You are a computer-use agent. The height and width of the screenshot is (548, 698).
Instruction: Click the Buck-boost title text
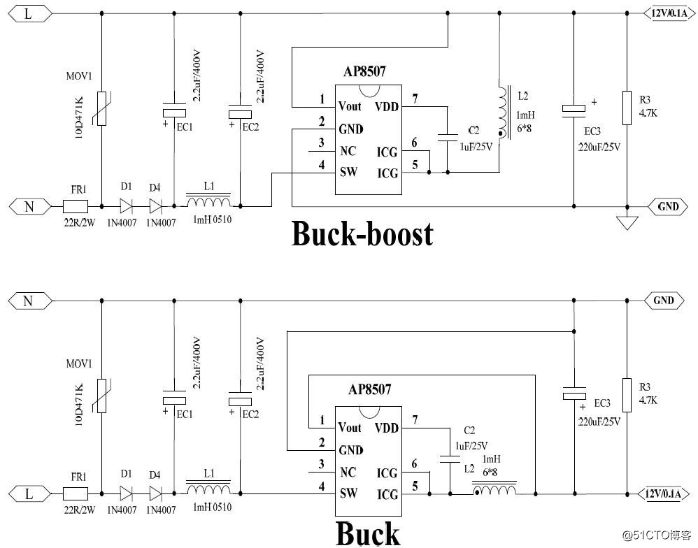pyautogui.click(x=362, y=234)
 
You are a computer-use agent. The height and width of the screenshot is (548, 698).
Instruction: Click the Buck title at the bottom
pyautogui.click(x=368, y=533)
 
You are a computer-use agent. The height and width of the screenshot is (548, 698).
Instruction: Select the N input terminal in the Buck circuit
pyautogui.click(x=28, y=301)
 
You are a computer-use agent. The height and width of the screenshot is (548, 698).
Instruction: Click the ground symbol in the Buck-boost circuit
pyautogui.click(x=627, y=223)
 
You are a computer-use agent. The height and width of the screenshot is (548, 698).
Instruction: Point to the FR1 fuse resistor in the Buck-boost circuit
pyautogui.click(x=75, y=206)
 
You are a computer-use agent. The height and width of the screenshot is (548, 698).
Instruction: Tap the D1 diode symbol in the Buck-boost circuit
pyautogui.click(x=127, y=206)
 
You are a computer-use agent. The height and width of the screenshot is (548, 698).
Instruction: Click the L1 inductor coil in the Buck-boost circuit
pyautogui.click(x=208, y=203)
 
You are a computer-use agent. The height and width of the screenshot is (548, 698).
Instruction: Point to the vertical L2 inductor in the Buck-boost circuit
pyautogui.click(x=501, y=112)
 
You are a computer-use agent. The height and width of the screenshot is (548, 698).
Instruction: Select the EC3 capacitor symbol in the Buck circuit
pyautogui.click(x=574, y=396)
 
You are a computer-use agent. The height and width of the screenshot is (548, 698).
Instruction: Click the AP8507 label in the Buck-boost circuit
pyautogui.click(x=364, y=71)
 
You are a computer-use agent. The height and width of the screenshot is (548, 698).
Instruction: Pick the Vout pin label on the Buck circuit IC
pyautogui.click(x=349, y=427)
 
